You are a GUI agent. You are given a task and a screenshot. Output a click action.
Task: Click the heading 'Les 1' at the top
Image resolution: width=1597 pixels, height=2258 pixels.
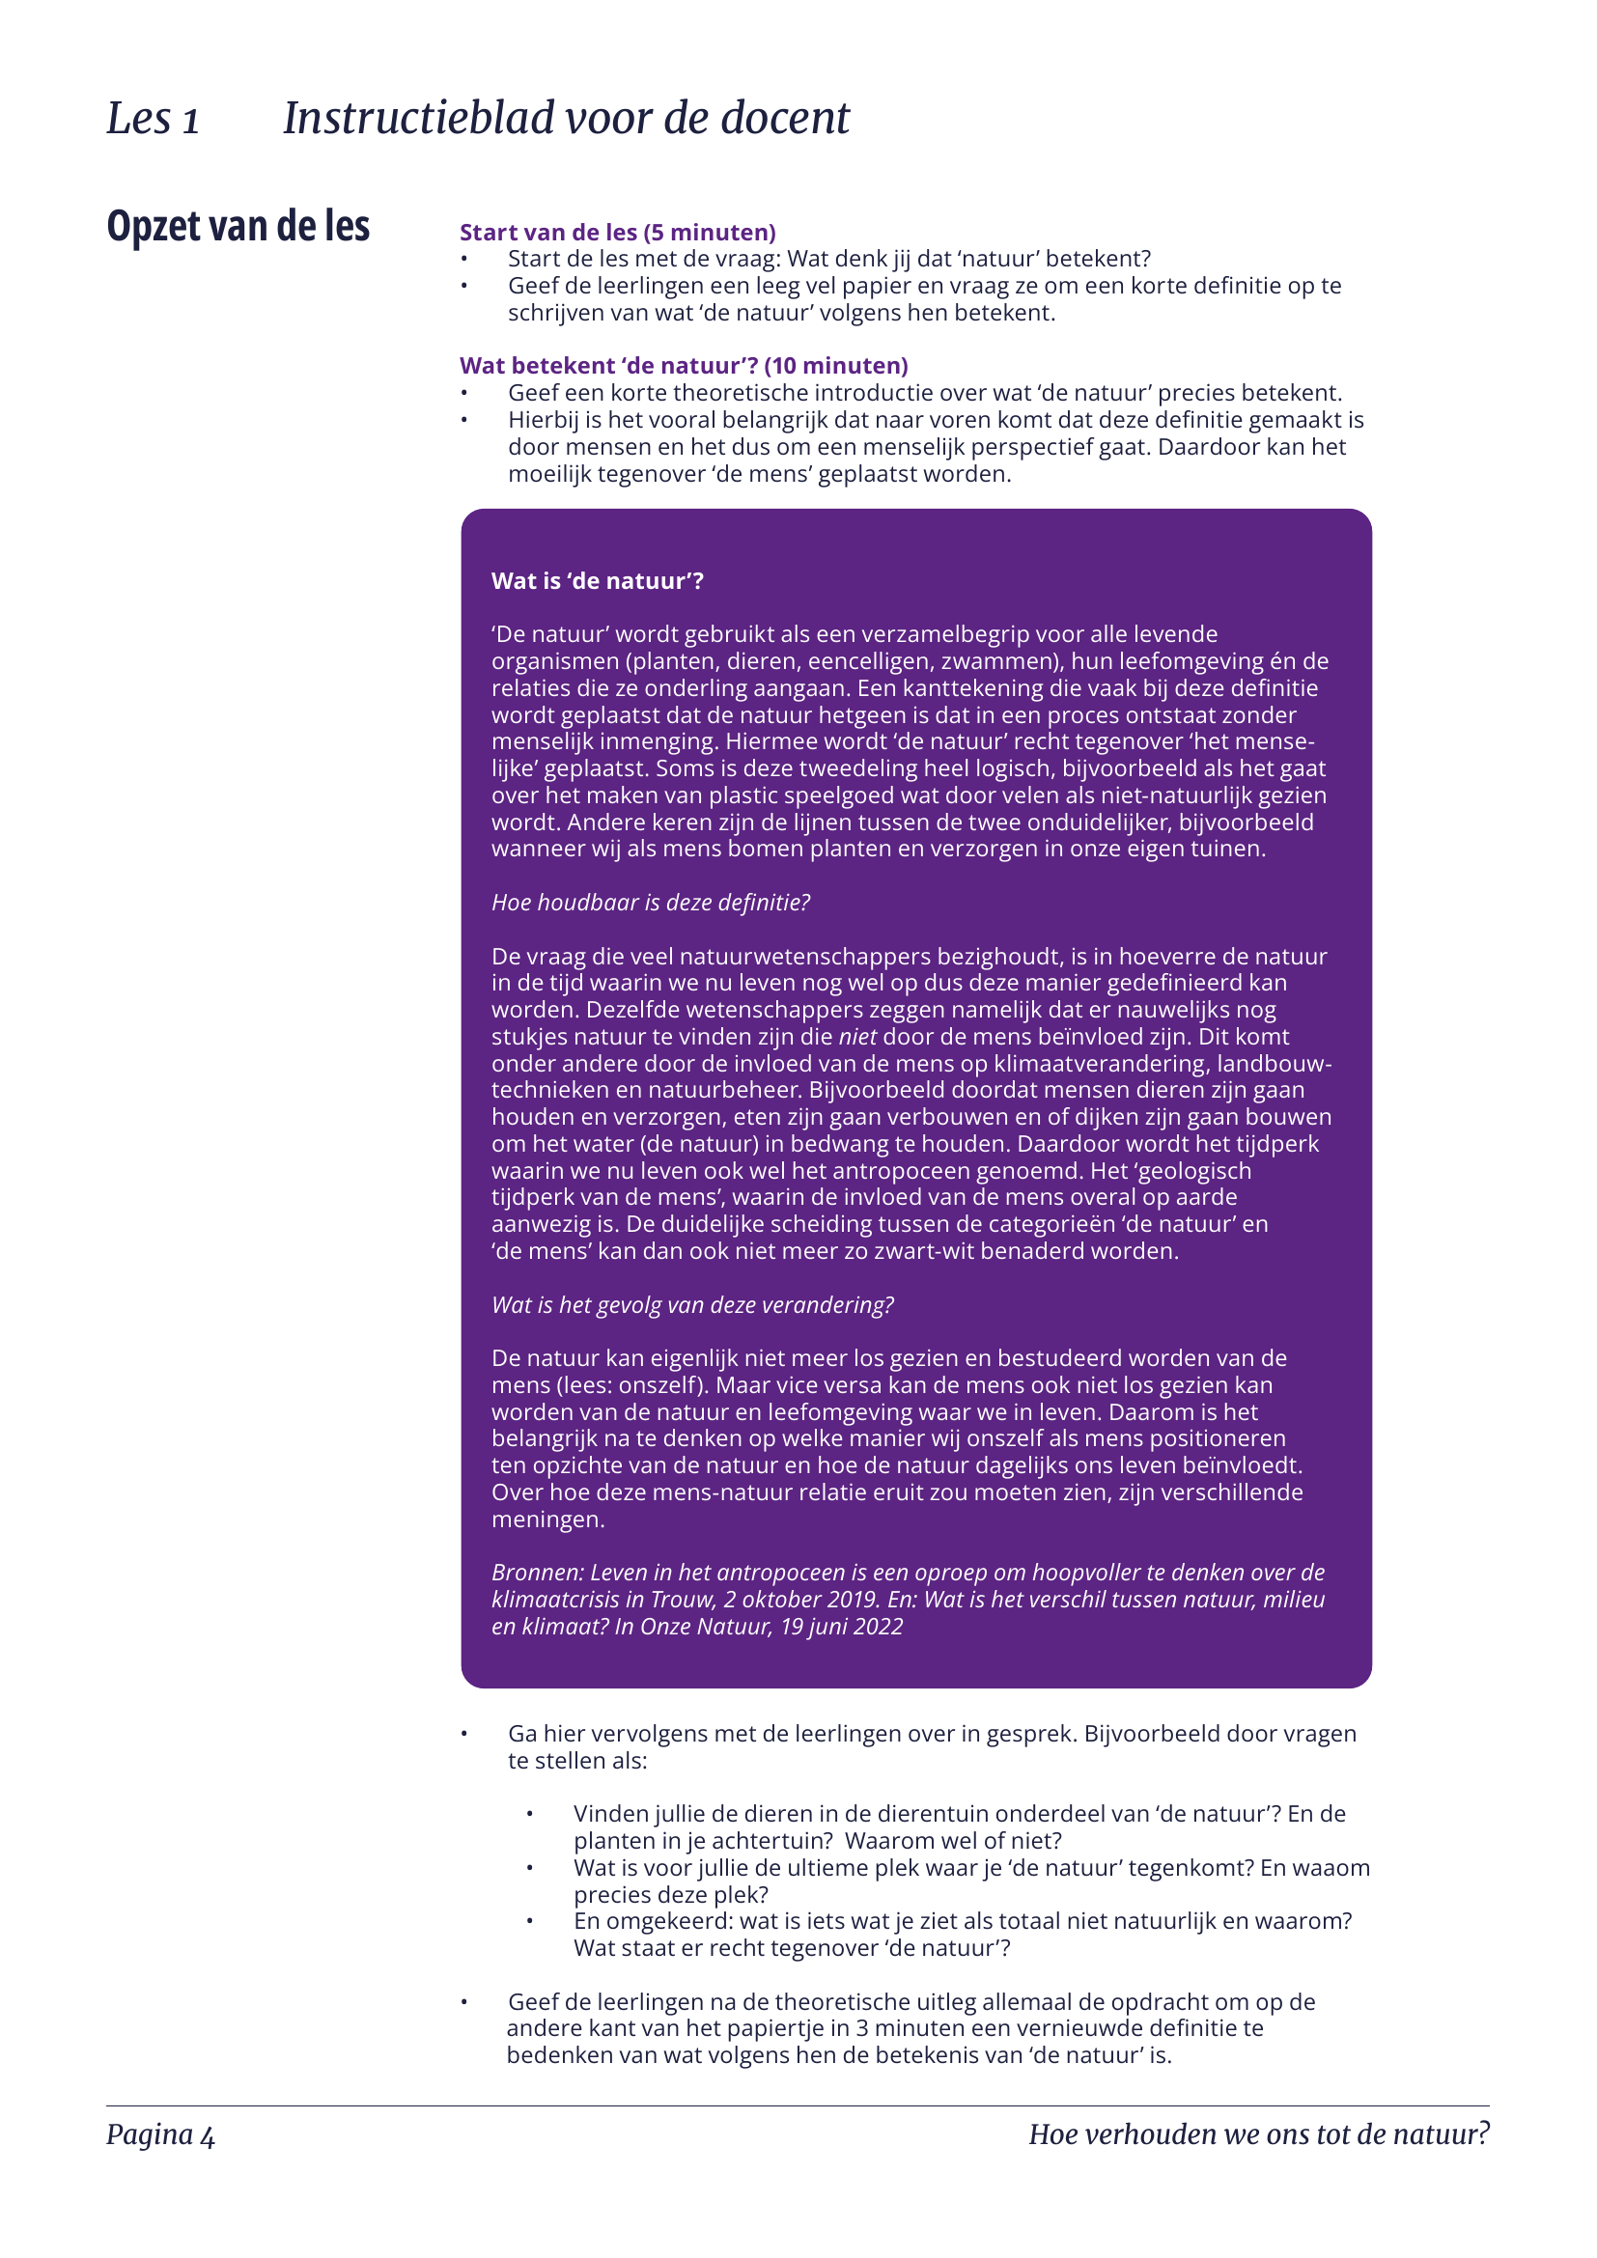[153, 119]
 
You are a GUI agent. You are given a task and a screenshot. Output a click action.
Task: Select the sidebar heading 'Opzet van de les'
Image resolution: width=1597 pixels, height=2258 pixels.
[238, 226]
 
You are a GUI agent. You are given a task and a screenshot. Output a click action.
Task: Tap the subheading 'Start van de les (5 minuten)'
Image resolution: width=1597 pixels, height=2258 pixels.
[618, 232]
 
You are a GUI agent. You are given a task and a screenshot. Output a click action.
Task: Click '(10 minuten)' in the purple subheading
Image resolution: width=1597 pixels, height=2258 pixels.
[836, 366]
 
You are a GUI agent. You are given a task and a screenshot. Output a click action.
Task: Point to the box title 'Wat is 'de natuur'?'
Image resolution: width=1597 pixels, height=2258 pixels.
[597, 581]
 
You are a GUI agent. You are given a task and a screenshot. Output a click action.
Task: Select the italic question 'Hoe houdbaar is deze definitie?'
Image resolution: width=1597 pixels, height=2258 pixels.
[650, 903]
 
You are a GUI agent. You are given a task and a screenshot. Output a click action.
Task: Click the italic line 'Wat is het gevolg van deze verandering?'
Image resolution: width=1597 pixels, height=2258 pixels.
[692, 1305]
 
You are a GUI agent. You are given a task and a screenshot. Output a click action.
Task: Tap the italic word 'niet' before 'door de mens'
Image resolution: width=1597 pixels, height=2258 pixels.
[856, 1037]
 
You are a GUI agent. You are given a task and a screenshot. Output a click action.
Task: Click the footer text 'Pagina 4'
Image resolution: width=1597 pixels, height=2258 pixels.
[160, 2134]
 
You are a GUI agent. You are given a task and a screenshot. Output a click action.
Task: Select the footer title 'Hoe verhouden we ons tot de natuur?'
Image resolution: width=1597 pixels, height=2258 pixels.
[1259, 2134]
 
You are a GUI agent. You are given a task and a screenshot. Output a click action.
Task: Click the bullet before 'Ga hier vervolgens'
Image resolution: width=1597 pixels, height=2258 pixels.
[464, 1734]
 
